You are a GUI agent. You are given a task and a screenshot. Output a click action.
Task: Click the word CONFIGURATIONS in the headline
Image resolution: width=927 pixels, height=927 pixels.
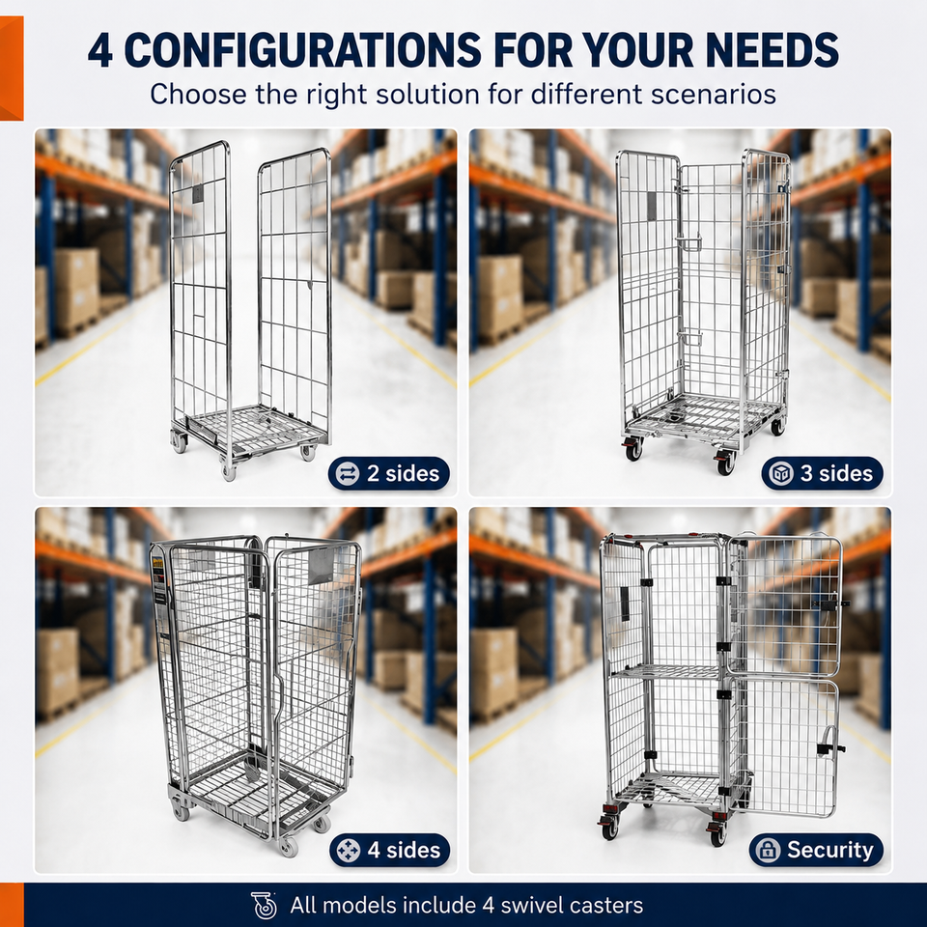[x=302, y=49]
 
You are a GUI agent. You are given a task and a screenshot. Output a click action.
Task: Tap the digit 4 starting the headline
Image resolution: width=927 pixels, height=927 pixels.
[x=100, y=50]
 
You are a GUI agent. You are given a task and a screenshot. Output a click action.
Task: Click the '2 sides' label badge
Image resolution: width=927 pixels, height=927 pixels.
[x=389, y=473]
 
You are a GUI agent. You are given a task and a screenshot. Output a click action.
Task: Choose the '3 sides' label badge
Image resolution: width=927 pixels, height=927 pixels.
[x=823, y=473]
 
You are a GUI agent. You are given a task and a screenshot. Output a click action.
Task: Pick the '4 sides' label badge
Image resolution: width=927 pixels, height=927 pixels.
[x=389, y=850]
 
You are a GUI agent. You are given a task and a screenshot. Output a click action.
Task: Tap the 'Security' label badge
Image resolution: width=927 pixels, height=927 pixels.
[x=816, y=850]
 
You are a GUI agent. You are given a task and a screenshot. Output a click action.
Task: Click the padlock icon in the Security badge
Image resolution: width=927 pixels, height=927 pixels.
[x=768, y=850]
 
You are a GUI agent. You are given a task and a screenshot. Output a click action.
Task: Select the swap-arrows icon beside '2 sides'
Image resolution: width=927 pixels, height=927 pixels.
[x=347, y=473]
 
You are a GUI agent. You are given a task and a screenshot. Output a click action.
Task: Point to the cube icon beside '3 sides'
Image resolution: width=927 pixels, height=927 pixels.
[x=781, y=473]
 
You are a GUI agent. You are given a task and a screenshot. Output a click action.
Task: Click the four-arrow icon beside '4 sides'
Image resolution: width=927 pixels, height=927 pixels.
[x=349, y=851]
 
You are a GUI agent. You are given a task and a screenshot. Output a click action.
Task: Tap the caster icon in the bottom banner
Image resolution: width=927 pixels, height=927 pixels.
[x=265, y=905]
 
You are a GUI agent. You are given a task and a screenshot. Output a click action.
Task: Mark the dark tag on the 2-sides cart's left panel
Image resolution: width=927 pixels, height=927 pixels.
[x=197, y=193]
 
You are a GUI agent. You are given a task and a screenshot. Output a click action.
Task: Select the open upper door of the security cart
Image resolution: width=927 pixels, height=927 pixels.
[x=784, y=605]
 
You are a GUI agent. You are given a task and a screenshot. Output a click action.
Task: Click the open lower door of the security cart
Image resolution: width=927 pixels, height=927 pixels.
[x=786, y=747]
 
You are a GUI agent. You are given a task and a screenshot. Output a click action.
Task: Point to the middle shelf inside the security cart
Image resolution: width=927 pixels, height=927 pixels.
[x=668, y=671]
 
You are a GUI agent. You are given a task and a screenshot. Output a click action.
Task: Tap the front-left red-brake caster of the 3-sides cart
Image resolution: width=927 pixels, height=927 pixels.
[x=633, y=449]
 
